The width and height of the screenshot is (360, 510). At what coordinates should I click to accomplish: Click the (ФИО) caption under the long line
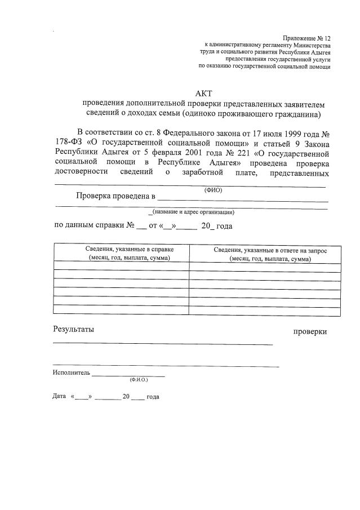pos(213,190)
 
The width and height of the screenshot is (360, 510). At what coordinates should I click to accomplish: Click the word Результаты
pos(74,329)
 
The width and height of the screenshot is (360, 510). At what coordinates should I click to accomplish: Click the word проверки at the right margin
pos(310,332)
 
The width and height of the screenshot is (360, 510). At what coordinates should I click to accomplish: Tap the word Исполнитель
pos(71,373)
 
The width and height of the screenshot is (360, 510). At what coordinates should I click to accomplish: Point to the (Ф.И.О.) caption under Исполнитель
pos(138,380)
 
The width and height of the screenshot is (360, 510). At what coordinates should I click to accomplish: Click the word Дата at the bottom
pos(59,397)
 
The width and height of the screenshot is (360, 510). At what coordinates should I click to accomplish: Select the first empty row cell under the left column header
pos(121,267)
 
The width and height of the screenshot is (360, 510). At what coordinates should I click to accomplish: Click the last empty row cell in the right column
pos(265,310)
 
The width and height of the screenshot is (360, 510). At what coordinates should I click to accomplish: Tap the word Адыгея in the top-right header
pos(318,51)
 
